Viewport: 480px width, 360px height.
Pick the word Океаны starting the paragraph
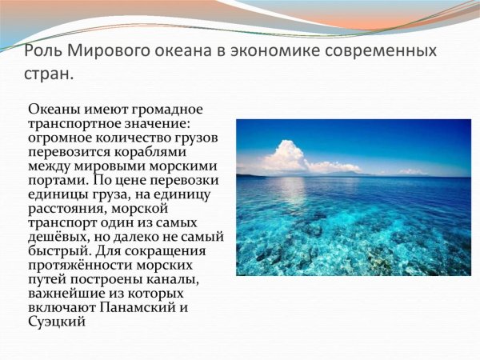point(50,109)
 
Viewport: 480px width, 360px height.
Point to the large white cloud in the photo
point(284,156)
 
